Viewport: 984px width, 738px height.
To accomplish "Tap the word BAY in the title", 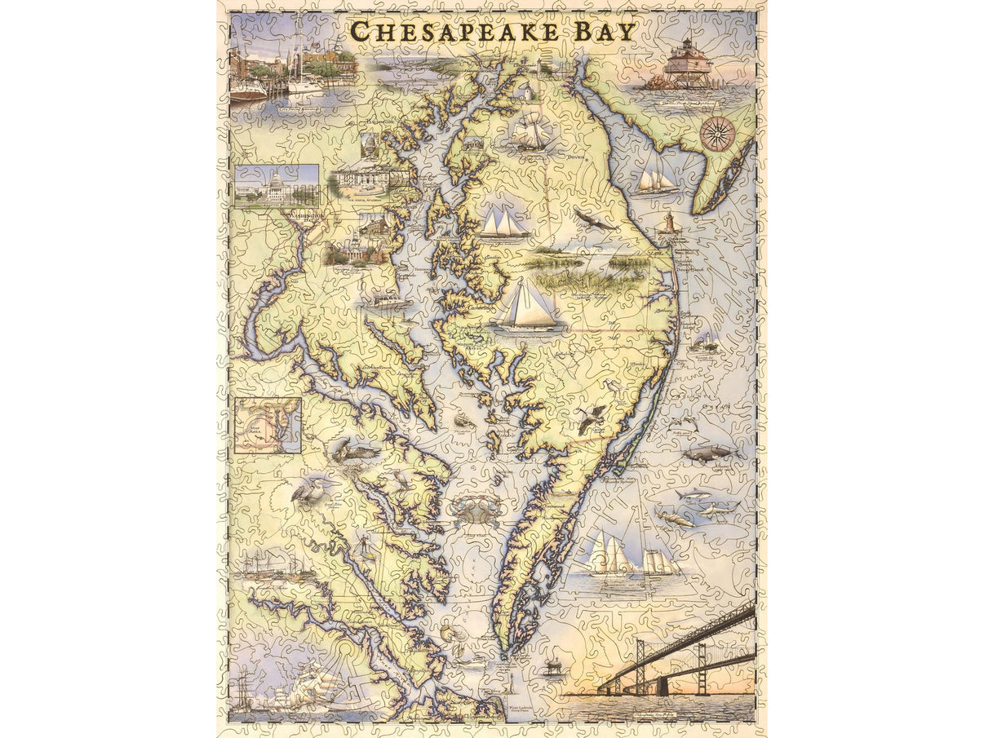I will tap(603, 32).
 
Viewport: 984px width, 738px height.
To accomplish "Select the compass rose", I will tap(717, 134).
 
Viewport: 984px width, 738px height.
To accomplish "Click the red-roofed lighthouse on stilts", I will tap(688, 64).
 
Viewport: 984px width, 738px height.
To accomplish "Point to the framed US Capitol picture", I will tap(276, 186).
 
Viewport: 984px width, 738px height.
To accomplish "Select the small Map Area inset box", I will tap(268, 425).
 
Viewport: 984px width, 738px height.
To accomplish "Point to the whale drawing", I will tap(708, 453).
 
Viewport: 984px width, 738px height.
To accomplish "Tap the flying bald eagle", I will tap(594, 219).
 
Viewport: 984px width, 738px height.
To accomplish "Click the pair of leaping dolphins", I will tap(681, 423).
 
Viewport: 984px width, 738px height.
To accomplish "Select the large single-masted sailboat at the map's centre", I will tap(526, 306).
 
